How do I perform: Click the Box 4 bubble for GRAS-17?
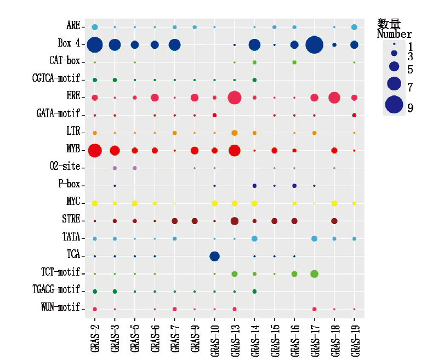coord(314,44)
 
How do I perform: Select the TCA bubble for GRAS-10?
coord(214,256)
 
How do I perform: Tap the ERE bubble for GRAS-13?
coord(235,98)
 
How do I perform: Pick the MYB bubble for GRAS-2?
coord(95,150)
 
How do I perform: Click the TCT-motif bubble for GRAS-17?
coord(314,273)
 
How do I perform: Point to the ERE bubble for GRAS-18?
coord(334,98)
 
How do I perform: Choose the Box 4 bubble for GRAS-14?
coord(254,44)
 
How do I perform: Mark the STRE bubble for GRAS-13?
coord(235,221)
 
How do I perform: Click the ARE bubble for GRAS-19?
coord(354,27)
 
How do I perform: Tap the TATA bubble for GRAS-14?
coord(254,238)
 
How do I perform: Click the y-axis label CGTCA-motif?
coord(56,78)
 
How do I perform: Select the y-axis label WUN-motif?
coord(60,307)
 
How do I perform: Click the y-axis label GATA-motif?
coord(59,113)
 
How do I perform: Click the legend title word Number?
coord(394,35)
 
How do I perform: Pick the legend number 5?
coord(411,70)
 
